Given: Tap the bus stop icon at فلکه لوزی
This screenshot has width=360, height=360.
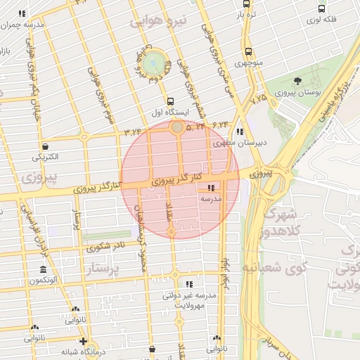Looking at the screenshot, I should coord(321,9).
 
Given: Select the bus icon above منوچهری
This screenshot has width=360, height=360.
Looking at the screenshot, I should coord(248,51).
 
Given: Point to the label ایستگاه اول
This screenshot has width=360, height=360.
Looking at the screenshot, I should coord(171,112).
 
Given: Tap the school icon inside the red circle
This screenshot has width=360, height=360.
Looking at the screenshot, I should coord(212,188).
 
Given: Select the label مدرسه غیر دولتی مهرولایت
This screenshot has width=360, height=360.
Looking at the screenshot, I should coord(186,301).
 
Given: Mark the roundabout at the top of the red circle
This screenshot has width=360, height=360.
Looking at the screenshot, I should coord(177,127).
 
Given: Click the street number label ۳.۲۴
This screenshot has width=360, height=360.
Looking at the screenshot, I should coord(133,131).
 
